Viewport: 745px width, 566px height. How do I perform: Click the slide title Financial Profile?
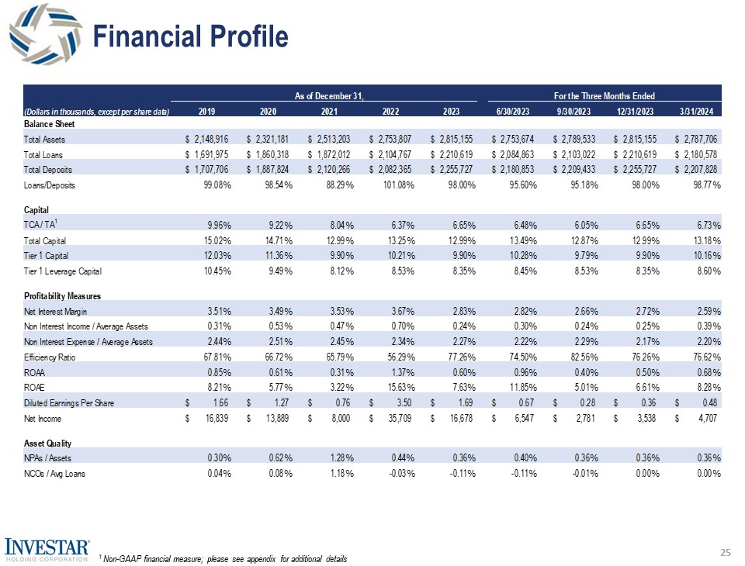[x=190, y=36]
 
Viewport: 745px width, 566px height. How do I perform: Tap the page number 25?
[x=726, y=552]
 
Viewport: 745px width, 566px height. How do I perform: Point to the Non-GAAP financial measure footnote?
[x=223, y=559]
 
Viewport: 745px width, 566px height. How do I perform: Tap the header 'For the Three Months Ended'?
[x=605, y=95]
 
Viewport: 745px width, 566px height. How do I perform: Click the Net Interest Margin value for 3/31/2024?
[x=705, y=311]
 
